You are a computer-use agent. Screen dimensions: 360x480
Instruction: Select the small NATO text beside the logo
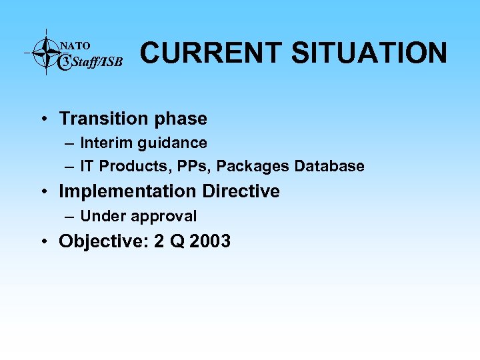75,45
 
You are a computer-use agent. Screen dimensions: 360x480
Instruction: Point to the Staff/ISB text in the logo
97,63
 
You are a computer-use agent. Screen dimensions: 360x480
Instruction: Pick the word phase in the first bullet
181,119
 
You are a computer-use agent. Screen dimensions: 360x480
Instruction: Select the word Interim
104,143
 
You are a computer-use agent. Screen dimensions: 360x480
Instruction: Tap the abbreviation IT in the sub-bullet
87,166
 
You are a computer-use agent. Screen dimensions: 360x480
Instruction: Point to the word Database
329,166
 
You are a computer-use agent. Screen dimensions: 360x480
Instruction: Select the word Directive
241,191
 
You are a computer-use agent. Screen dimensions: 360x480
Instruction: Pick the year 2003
210,241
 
